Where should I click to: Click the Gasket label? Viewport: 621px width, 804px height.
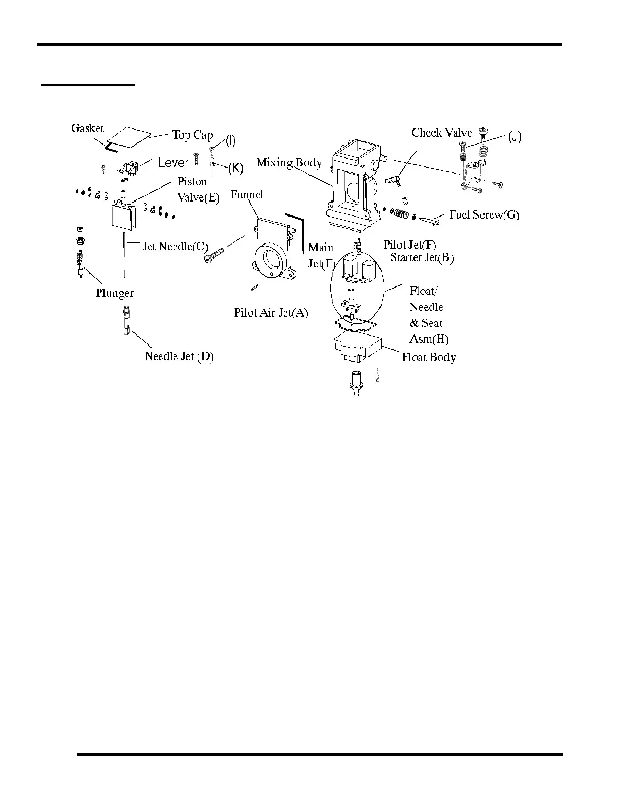click(x=87, y=129)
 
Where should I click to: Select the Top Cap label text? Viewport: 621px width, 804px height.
click(x=192, y=135)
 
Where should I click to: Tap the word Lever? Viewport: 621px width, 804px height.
click(x=173, y=163)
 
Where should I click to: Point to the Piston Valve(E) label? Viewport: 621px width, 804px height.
click(x=198, y=189)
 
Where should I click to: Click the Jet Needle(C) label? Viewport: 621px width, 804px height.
click(x=175, y=247)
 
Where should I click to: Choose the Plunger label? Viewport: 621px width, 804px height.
click(x=115, y=293)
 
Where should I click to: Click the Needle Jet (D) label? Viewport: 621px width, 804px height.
click(x=179, y=356)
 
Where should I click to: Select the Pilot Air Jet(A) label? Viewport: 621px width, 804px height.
click(x=271, y=313)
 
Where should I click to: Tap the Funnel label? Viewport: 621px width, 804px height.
click(x=247, y=195)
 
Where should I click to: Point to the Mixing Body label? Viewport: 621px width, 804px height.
click(x=289, y=163)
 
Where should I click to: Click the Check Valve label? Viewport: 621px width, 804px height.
click(x=441, y=133)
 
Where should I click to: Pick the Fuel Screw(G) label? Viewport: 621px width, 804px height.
click(x=484, y=215)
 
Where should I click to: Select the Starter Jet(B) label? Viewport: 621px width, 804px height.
click(x=422, y=257)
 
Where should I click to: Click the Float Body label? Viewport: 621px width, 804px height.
click(x=429, y=357)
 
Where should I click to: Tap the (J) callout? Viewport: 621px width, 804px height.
click(x=514, y=137)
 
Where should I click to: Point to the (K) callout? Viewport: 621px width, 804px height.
click(x=235, y=168)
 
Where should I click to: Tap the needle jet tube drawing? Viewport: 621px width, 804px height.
click(x=125, y=320)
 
